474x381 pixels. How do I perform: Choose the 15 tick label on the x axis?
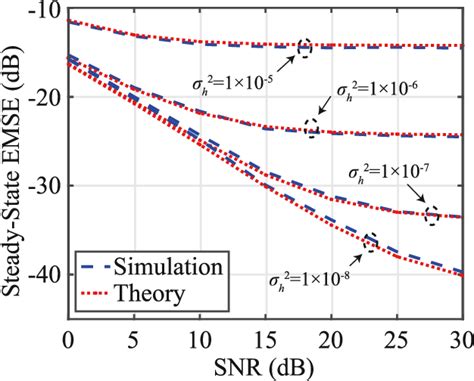(x=266, y=329)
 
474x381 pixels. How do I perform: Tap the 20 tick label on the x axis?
(x=331, y=329)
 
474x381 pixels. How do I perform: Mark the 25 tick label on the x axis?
(x=398, y=329)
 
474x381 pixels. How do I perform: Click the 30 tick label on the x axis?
(x=462, y=329)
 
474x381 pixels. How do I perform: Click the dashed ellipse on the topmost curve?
(x=305, y=47)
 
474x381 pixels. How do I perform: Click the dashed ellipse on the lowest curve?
(x=370, y=242)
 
